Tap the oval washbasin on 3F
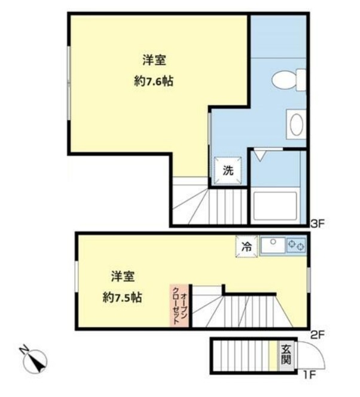tap(295, 125)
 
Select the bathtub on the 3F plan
tap(274, 207)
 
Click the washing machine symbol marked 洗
tap(228, 169)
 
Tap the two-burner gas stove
tap(296, 245)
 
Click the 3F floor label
tap(318, 224)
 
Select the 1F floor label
tap(308, 375)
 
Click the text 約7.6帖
tap(154, 82)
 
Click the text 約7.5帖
tap(122, 297)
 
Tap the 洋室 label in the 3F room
tap(154, 60)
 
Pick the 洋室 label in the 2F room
tap(122, 276)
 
